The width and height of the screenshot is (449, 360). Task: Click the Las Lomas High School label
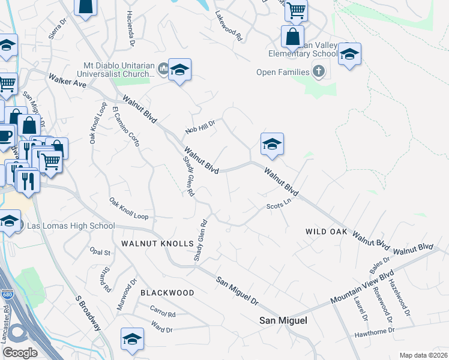(67, 226)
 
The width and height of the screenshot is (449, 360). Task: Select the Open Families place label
(283, 73)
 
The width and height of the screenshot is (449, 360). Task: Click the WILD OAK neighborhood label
(327, 231)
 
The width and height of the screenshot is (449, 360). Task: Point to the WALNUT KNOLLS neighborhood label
(157, 244)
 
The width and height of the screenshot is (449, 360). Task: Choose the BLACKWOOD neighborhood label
(167, 292)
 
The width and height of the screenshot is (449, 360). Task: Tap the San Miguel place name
(283, 320)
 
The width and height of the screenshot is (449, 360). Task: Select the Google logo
(19, 353)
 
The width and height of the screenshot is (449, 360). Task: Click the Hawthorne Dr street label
(374, 331)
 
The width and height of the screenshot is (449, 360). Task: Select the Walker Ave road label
(68, 81)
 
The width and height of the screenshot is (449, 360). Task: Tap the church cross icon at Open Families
(318, 73)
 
